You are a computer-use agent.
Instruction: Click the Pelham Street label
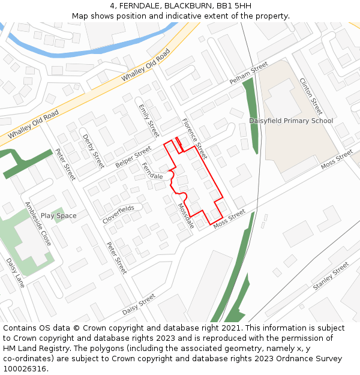pyautogui.click(x=248, y=73)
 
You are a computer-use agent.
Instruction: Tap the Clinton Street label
pyautogui.click(x=311, y=96)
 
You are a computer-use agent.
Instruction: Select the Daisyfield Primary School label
pyautogui.click(x=291, y=121)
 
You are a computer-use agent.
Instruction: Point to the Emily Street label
pyautogui.click(x=148, y=120)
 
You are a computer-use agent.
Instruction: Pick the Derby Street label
pyautogui.click(x=93, y=150)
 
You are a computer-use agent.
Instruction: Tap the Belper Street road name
pyautogui.click(x=134, y=156)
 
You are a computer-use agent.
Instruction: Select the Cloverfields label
pyautogui.click(x=118, y=214)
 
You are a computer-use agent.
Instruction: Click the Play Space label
pyautogui.click(x=59, y=215)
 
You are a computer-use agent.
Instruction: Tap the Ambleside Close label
pyautogui.click(x=37, y=223)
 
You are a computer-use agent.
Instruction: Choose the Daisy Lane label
pyautogui.click(x=15, y=272)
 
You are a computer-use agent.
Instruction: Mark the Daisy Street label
pyautogui.click(x=139, y=304)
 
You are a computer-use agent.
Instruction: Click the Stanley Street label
pyautogui.click(x=331, y=276)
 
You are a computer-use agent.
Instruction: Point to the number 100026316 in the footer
pyautogui.click(x=25, y=368)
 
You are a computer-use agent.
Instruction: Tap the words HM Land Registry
pyautogui.click(x=32, y=348)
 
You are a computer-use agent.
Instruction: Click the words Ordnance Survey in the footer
pyautogui.click(x=313, y=358)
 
